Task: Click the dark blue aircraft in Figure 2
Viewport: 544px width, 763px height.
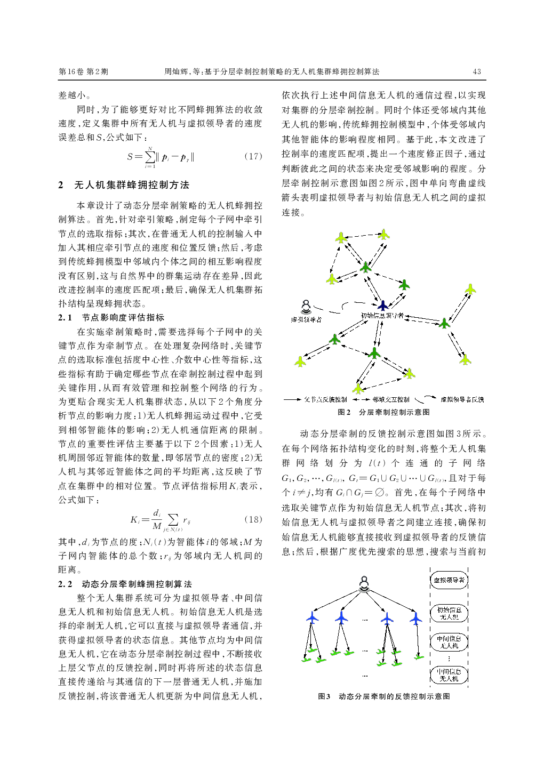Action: tap(382, 306)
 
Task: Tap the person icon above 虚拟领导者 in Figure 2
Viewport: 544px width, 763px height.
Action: tap(306, 307)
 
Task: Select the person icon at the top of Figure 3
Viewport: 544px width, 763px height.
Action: tap(364, 583)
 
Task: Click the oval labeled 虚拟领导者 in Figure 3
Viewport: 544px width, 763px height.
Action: tap(449, 580)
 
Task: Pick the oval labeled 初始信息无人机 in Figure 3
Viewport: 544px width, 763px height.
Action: tap(449, 613)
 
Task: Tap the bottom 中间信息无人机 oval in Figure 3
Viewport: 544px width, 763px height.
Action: tap(449, 675)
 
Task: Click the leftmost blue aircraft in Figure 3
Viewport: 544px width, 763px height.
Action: tap(312, 618)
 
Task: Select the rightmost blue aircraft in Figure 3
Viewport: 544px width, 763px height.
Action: tap(415, 618)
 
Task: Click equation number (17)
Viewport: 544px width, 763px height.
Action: tap(253, 156)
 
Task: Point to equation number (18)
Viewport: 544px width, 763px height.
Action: tap(253, 519)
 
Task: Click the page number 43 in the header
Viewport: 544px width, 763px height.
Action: tap(477, 71)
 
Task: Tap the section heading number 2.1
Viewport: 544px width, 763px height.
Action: tap(65, 318)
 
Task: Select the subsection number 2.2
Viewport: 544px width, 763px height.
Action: tap(65, 584)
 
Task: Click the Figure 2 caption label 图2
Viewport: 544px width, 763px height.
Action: tap(344, 412)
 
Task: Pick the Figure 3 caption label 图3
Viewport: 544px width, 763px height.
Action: tap(324, 696)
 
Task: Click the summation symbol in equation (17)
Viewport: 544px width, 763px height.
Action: tap(151, 157)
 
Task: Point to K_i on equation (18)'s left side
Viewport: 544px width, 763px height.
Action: tap(134, 520)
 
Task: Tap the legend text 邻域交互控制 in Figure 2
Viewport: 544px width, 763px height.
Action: tap(391, 399)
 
